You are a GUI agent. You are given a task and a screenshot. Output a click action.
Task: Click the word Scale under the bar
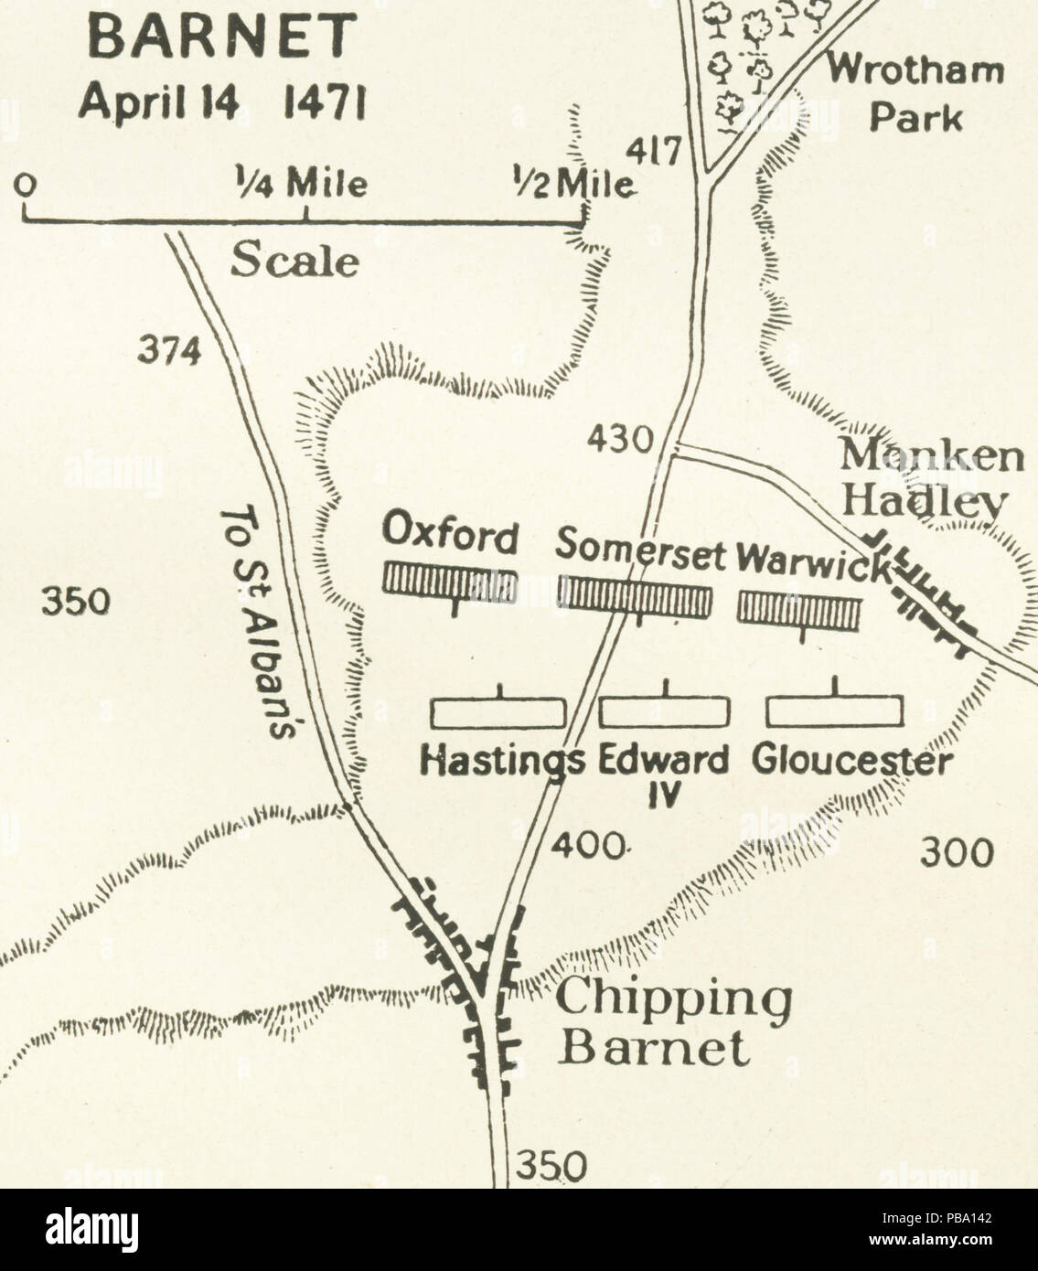294,262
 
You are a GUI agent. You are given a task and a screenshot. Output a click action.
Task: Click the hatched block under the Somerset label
634,595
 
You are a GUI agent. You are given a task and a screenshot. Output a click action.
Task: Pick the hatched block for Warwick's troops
799,610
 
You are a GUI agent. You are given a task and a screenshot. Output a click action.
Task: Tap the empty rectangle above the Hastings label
498,712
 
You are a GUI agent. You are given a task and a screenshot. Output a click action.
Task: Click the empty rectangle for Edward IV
665,711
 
